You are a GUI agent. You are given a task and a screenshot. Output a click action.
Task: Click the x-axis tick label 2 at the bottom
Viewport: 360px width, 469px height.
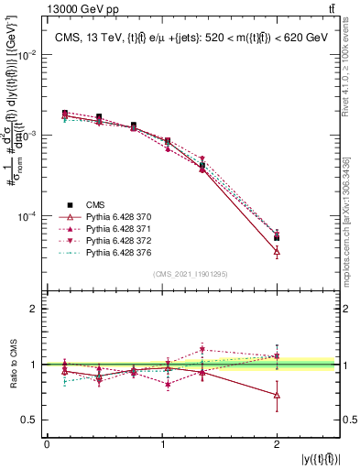coord(277,444)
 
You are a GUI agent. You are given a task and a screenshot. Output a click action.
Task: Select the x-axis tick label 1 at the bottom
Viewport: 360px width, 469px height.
coord(162,444)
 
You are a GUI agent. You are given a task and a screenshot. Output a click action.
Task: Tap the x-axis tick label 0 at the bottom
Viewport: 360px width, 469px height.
coord(47,444)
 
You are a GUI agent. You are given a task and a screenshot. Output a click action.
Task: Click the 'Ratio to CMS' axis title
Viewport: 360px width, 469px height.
coord(12,365)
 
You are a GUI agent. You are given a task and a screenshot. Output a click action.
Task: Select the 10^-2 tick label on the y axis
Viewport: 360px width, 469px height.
coord(27,55)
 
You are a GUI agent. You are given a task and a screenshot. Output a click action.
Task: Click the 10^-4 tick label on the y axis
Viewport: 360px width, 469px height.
coord(27,216)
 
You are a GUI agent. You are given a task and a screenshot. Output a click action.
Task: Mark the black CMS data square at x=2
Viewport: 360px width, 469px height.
coord(277,237)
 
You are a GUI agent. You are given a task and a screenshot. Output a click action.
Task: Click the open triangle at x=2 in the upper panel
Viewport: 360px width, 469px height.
coord(277,251)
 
